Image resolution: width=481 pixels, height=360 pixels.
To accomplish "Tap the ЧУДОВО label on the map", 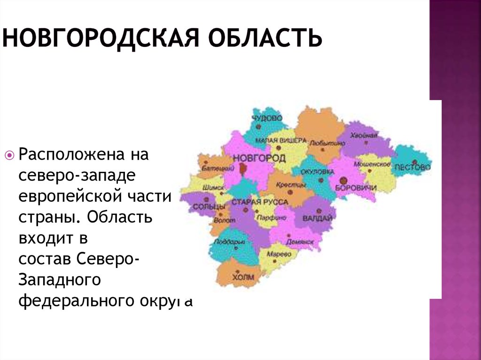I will (x=267, y=118).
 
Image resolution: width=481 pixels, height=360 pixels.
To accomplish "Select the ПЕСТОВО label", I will (x=413, y=167).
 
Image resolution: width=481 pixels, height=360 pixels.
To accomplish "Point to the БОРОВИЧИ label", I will (x=357, y=188).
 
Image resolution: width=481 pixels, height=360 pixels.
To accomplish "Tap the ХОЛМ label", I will (x=243, y=277).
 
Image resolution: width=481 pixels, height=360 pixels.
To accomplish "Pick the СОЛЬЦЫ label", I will (x=203, y=207).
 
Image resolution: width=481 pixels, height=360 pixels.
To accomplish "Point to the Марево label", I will (x=279, y=254).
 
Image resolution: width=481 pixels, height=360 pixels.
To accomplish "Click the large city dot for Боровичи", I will (x=344, y=179).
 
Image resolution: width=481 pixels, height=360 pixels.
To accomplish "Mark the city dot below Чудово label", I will (x=258, y=126).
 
